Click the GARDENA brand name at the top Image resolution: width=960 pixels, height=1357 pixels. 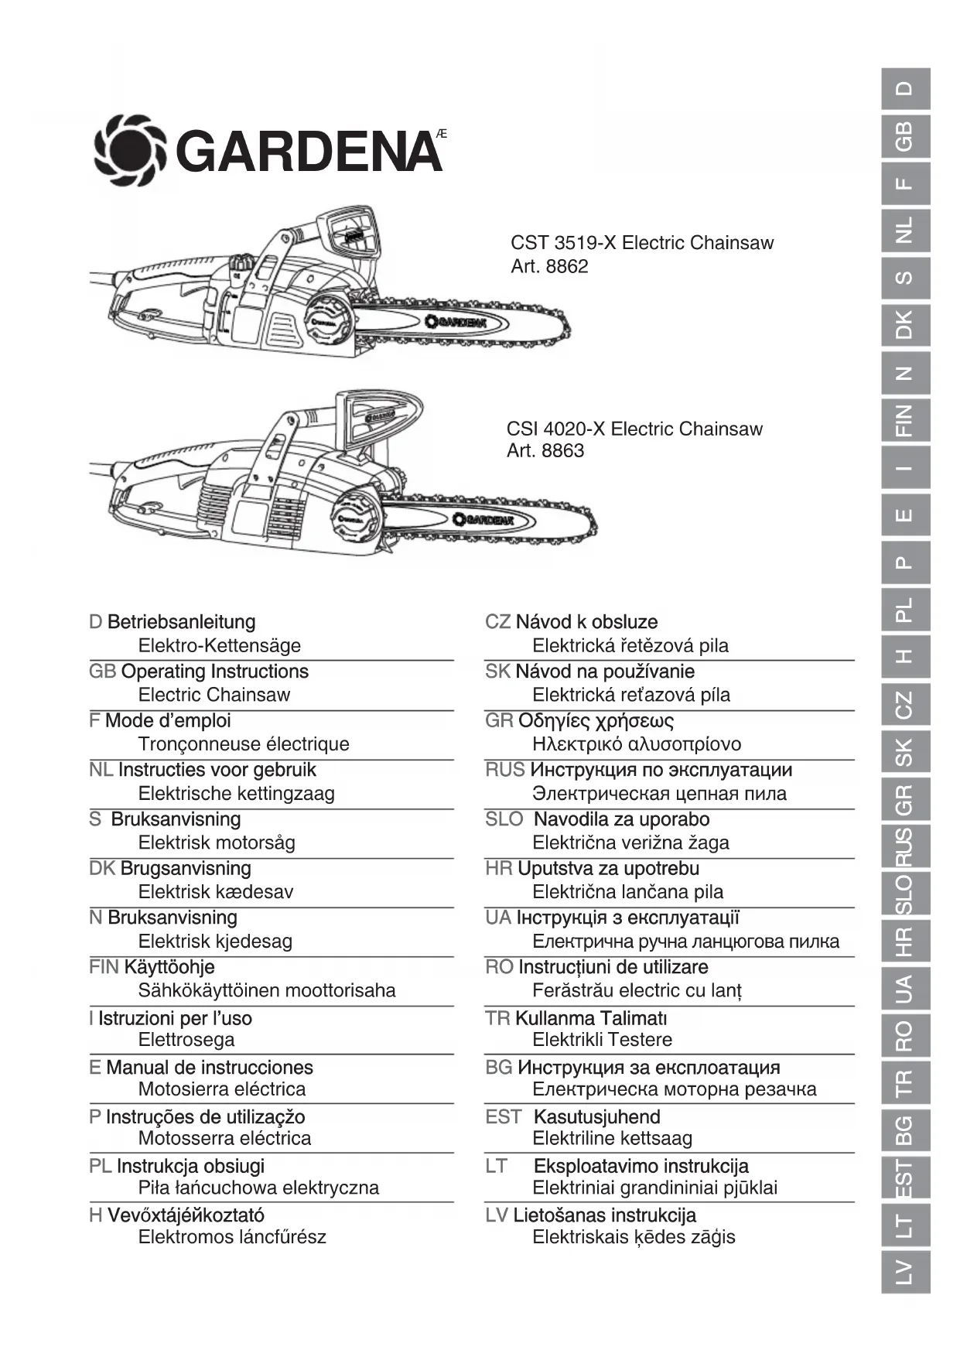309,152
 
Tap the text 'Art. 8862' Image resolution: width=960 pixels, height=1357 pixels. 549,266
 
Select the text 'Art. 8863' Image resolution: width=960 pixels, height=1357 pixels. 545,450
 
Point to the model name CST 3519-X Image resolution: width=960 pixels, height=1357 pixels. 563,243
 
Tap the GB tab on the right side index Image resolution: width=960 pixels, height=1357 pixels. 904,136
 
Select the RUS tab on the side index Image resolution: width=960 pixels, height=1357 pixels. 904,846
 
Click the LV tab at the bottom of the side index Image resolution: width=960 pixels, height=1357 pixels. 904,1271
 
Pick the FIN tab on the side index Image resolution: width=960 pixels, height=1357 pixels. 904,420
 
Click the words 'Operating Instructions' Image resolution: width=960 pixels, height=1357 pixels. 215,672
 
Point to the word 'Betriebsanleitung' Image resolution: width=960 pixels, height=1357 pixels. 182,622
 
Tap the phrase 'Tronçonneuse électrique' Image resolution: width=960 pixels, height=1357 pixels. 244,744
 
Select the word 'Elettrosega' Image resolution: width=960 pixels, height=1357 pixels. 186,1040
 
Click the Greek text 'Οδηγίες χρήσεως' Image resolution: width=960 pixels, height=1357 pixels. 596,721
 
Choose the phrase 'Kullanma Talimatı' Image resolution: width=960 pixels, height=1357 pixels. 591,1018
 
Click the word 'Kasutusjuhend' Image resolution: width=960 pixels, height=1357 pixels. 597,1117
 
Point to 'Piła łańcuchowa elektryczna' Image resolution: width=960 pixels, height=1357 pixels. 258,1188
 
